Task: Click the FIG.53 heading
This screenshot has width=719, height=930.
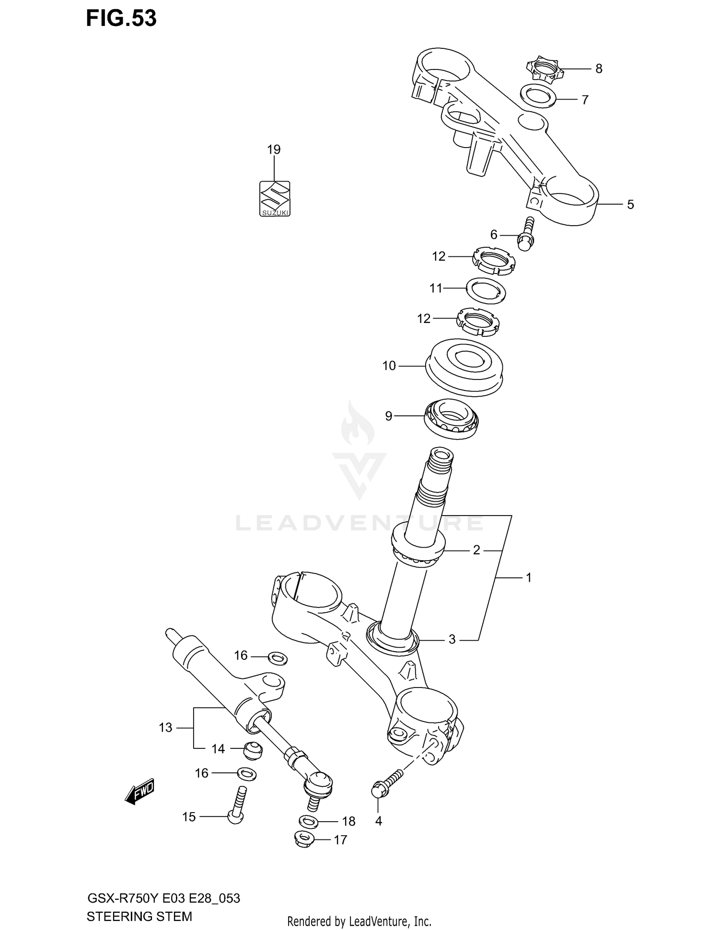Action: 121,18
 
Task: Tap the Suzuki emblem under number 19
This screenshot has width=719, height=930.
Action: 275,198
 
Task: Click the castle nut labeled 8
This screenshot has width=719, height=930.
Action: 545,70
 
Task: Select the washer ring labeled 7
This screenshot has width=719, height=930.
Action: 538,95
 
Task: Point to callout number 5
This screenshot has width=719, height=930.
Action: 630,205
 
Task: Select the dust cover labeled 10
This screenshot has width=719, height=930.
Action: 464,367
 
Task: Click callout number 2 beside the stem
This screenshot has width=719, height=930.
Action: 476,550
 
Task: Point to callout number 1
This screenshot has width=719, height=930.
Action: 528,578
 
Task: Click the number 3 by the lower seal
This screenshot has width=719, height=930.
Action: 452,639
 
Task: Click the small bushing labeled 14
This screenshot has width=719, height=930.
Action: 252,750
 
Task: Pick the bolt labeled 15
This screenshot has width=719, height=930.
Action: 236,807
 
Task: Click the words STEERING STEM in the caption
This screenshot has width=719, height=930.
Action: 139,917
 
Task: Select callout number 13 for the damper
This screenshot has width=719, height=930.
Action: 165,728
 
